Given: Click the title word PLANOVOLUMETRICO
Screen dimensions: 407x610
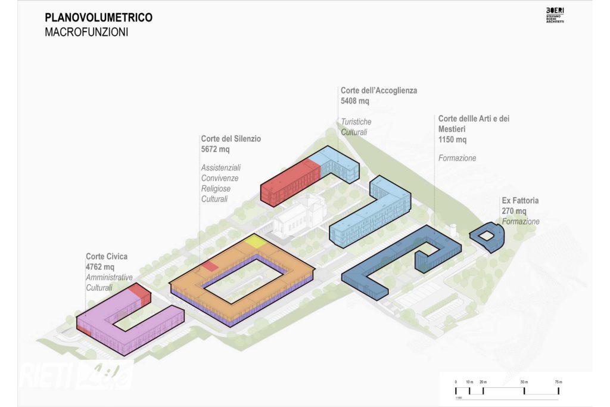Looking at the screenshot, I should pos(98,18).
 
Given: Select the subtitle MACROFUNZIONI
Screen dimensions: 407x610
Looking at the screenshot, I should pos(86,32).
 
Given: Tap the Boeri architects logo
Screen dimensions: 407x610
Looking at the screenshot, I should pos(555,16).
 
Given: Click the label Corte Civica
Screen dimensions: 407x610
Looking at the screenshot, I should pos(107,257).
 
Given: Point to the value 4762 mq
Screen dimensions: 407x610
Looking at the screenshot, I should pos(99,267).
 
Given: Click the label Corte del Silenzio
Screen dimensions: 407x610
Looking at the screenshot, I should pos(231,139).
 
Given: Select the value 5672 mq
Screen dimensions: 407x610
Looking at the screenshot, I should pos(215,149).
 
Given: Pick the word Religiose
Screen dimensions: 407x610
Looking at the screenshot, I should pos(216,188).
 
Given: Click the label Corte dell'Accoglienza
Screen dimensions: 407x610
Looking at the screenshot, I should pos(379,91).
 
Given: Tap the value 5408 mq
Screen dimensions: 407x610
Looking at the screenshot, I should pos(355,101).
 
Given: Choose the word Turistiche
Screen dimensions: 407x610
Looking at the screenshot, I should pos(356,122).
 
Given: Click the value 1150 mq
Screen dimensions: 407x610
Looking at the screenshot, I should pos(452,139).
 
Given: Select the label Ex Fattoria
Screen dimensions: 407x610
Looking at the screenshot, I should pos(520,201).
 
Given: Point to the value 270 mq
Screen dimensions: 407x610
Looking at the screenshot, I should pos(514,211).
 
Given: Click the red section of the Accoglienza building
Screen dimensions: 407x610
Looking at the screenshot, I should pos(291,179).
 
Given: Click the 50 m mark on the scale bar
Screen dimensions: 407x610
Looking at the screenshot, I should pos(524,381).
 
